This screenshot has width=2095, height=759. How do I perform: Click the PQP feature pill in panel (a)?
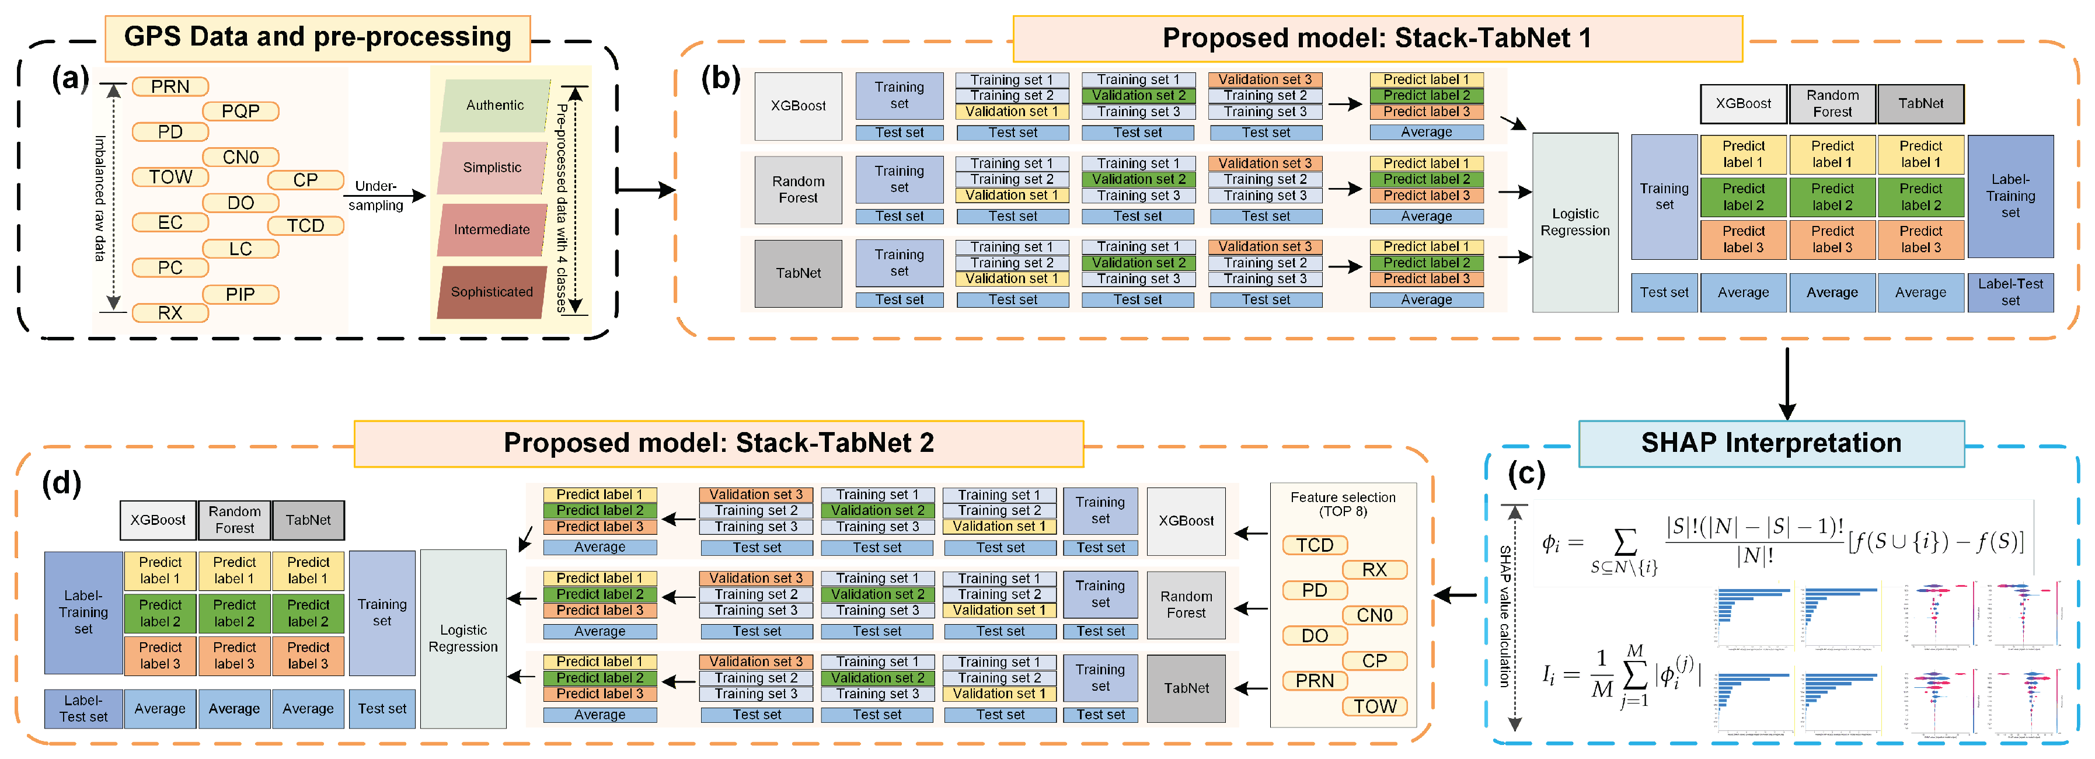240,110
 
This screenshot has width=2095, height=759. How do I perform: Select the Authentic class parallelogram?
494,106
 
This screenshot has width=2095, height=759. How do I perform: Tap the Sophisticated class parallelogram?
491,292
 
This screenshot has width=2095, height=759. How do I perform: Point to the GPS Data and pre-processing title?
317,37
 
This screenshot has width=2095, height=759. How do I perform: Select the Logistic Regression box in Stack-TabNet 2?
463,639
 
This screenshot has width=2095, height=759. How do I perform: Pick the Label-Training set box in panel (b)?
2010,196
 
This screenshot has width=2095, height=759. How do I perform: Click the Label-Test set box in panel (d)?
83,709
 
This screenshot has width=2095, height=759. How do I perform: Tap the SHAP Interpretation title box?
1770,443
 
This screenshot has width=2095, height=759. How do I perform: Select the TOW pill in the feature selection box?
1375,706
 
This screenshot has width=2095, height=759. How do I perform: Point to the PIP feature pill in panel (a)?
240,294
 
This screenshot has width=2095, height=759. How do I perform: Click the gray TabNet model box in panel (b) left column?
798,273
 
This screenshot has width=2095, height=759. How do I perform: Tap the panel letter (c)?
1526,473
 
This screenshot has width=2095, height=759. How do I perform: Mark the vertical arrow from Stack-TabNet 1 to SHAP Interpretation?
1787,382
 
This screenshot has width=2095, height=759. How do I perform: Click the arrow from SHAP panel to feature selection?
1455,596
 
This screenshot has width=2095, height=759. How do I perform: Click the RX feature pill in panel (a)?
170,313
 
